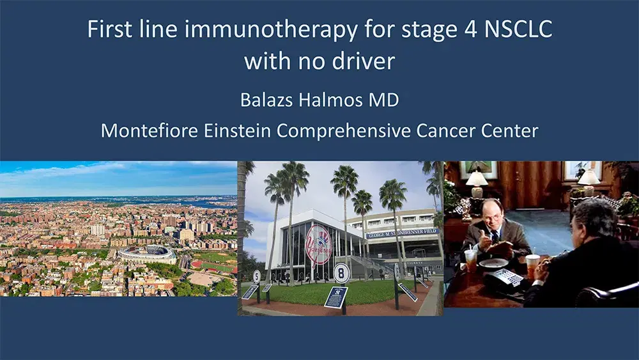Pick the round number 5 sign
click(257, 276)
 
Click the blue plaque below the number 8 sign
click(335, 297)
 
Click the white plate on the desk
click(494, 264)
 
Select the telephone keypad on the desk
click(504, 277)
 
